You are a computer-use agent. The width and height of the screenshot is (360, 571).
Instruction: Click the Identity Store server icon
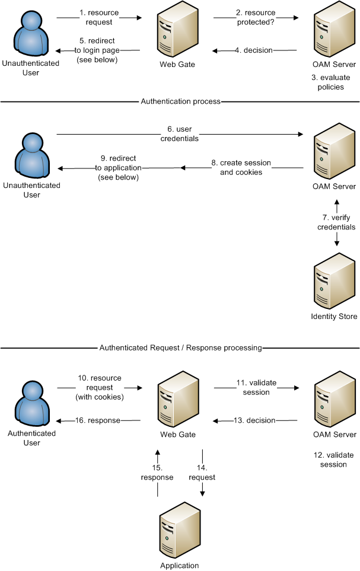click(x=333, y=279)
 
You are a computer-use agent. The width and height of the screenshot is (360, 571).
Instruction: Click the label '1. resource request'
click(x=100, y=18)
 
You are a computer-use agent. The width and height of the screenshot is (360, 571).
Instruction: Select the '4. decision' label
click(x=253, y=50)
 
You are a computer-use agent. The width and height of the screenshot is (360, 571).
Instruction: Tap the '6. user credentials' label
click(x=179, y=134)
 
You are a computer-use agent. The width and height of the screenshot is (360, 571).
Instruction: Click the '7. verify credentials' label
click(x=336, y=222)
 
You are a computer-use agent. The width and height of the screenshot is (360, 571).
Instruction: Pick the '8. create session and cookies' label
click(x=241, y=167)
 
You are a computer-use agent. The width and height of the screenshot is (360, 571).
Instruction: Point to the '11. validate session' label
click(x=257, y=388)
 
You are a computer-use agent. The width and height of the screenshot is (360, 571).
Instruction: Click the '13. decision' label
click(x=254, y=420)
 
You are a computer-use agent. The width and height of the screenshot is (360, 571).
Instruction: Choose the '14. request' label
click(x=202, y=473)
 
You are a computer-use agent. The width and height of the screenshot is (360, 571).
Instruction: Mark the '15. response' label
click(x=157, y=473)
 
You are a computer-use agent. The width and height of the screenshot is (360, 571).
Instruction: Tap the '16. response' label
click(x=98, y=420)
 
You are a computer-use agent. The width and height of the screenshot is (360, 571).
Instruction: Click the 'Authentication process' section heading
click(x=180, y=101)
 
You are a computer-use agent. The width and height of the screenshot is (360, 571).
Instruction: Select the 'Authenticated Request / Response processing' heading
click(x=180, y=347)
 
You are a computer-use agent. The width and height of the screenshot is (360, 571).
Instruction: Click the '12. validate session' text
click(x=333, y=460)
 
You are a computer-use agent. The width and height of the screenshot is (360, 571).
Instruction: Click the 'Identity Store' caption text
click(x=334, y=317)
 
